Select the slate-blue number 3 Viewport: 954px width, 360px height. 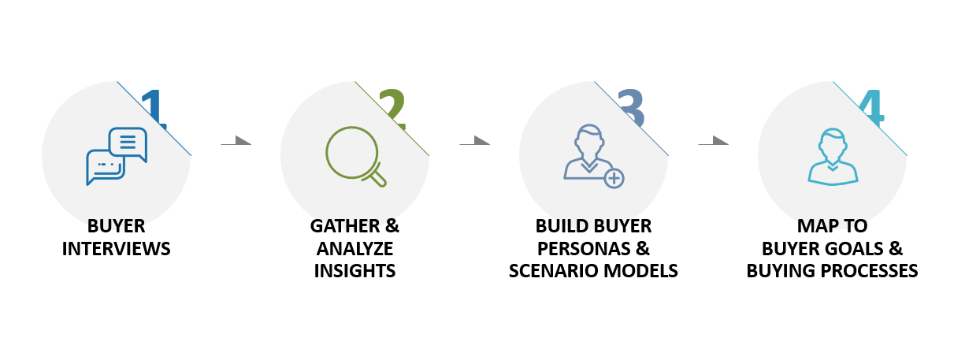pyautogui.click(x=631, y=108)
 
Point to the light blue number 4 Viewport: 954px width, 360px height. pyautogui.click(x=871, y=108)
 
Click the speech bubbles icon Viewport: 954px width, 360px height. pyautogui.click(x=117, y=156)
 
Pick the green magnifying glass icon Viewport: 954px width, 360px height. pyautogui.click(x=356, y=156)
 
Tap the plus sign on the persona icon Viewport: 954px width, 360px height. pyautogui.click(x=614, y=179)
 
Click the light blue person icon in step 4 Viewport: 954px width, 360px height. pyautogui.click(x=833, y=157)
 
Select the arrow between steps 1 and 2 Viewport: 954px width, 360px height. pyautogui.click(x=236, y=141)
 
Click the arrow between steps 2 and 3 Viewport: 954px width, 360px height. pyautogui.click(x=474, y=141)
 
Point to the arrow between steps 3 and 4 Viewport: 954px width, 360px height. pyautogui.click(x=714, y=141)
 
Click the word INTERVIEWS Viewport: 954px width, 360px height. pyautogui.click(x=117, y=249)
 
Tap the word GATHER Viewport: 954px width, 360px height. pyautogui.click(x=345, y=226)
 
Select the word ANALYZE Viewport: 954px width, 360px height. pyautogui.click(x=355, y=249)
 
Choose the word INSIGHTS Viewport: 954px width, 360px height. pyautogui.click(x=355, y=271)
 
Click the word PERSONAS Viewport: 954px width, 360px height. pyautogui.click(x=584, y=249)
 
